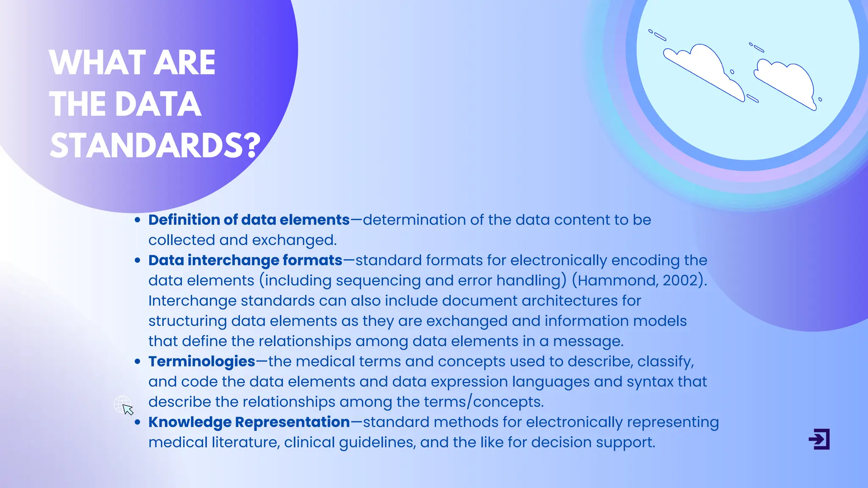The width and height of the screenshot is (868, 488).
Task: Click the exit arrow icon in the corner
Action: tap(819, 439)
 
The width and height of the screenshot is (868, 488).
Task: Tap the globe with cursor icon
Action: tap(123, 405)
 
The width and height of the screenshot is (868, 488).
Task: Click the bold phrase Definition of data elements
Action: tap(249, 220)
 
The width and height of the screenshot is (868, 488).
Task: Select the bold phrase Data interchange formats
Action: tap(245, 260)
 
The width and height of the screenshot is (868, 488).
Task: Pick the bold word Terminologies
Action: tap(202, 361)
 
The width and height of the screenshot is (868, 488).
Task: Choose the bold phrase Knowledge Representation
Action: tap(249, 422)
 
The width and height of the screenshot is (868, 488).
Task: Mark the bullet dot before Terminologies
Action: tap(137, 362)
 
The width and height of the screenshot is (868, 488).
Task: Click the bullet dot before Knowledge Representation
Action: tap(137, 422)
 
